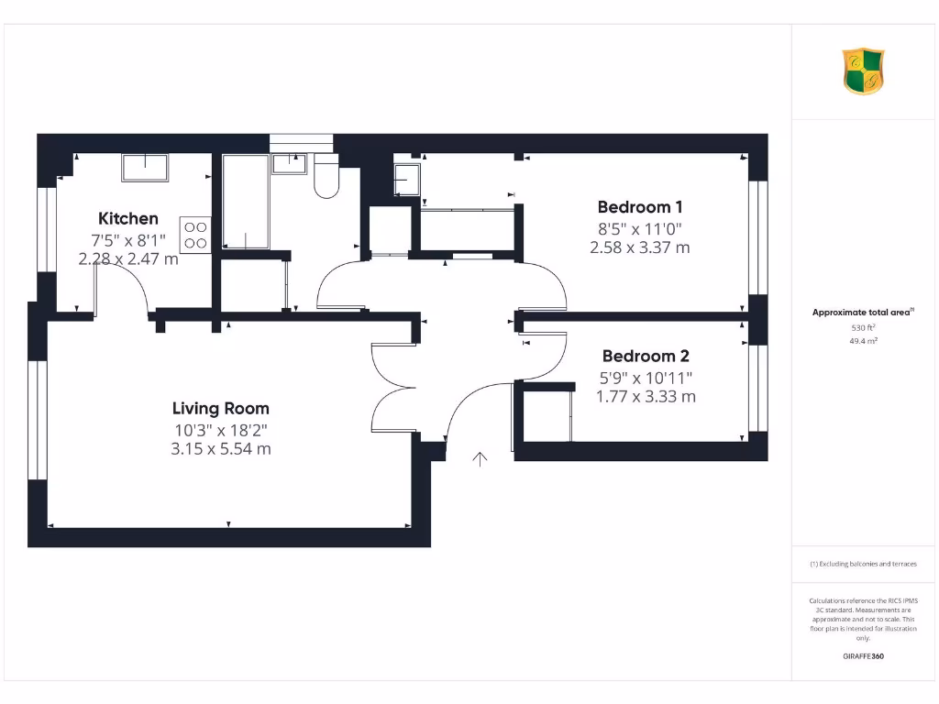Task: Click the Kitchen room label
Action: (128, 218)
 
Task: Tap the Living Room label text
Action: (221, 408)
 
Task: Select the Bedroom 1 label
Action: (639, 207)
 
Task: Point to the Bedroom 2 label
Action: (646, 356)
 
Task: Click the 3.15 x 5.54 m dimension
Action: (221, 449)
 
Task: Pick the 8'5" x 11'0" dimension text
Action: (639, 228)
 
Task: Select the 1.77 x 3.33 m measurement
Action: (646, 397)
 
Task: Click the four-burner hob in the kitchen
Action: (196, 235)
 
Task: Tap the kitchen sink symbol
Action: (145, 167)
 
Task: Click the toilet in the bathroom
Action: (326, 176)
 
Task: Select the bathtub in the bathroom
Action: (247, 202)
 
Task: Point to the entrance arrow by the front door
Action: (480, 458)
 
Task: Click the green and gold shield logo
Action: (863, 72)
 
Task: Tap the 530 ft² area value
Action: (863, 326)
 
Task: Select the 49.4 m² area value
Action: (863, 340)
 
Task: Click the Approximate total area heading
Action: (862, 313)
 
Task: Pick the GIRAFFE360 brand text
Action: (863, 656)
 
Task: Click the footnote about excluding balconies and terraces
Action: (863, 564)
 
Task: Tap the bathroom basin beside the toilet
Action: (289, 163)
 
